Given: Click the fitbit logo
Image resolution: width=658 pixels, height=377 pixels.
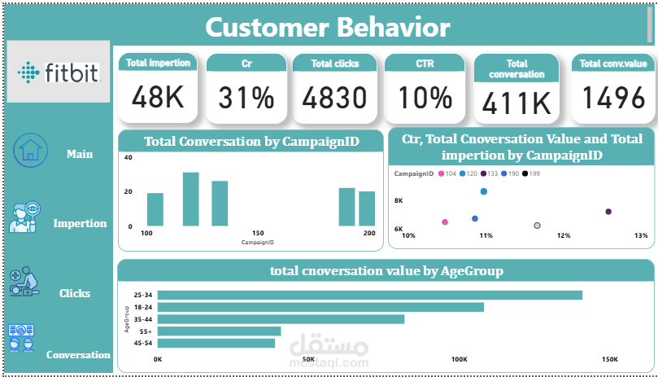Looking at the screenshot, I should [58, 72].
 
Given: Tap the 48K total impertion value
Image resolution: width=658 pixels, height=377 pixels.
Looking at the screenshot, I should [159, 99].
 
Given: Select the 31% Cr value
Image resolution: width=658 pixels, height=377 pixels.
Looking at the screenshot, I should [246, 99].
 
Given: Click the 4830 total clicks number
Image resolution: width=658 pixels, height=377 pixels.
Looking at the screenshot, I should [334, 99].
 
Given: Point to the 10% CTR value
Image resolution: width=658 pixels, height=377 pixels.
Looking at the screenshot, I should [424, 99].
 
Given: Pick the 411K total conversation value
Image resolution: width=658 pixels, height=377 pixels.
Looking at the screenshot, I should [516, 103].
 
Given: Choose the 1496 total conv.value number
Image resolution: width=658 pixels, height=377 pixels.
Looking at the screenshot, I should [613, 99].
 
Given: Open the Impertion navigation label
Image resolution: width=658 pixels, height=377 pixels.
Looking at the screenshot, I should [80, 223].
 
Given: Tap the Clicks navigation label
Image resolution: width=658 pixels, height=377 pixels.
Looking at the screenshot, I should [75, 293].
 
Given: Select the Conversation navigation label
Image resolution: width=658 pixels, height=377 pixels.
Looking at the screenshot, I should [78, 355].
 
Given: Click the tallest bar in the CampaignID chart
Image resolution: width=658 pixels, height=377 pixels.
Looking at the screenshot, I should [191, 199].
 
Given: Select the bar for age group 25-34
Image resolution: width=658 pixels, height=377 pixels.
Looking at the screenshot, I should [370, 295].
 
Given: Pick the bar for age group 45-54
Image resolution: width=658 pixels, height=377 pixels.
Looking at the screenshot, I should [216, 344].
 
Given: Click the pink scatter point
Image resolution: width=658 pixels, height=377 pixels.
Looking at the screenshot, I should [444, 221].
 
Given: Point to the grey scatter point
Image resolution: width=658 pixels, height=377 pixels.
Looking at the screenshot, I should [537, 225].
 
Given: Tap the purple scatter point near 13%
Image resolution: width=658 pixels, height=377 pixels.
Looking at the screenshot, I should [608, 212].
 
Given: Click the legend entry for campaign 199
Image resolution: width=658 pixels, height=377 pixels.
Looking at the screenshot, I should [529, 174].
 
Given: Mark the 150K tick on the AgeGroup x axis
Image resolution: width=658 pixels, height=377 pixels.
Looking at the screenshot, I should [609, 359].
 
